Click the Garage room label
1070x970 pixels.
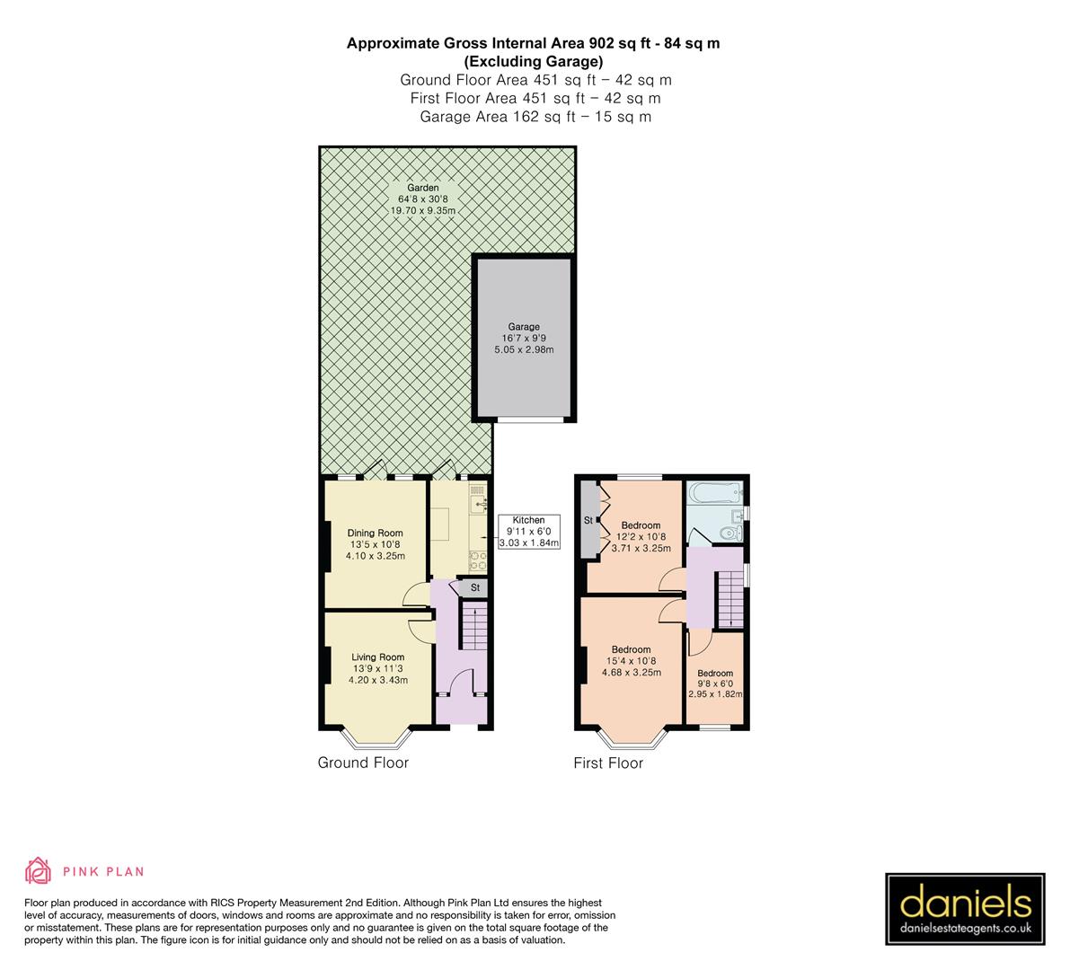pos(524,327)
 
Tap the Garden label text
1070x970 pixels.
pos(423,188)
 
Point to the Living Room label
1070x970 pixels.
pos(378,657)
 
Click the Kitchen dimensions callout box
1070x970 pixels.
pos(528,532)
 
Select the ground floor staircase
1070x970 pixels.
pos(473,625)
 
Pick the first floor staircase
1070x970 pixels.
pos(730,601)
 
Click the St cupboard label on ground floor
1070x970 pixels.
pos(475,588)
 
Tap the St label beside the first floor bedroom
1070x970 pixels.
pos(588,521)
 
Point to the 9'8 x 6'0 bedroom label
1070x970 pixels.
pos(715,674)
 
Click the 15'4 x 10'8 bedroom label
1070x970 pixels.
pos(631,650)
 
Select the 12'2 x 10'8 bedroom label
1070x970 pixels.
pos(641,525)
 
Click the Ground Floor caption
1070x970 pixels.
pos(363,763)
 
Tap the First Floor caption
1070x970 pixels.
pos(608,764)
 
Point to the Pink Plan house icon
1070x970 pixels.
pos(39,871)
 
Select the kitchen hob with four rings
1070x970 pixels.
pos(477,560)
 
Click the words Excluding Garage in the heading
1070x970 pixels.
pos(533,61)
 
